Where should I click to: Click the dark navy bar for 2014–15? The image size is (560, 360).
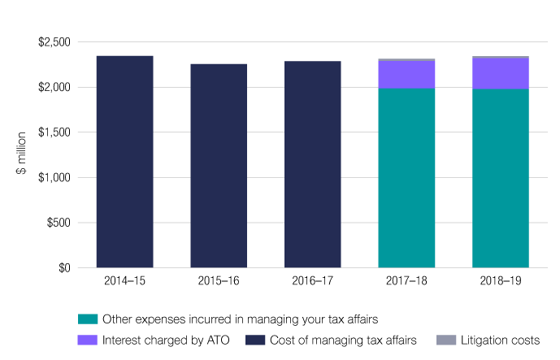[124, 162]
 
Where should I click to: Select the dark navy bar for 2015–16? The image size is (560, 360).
[219, 166]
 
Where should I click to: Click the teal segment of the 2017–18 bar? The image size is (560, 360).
[406, 178]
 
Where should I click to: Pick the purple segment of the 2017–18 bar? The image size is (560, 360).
[406, 75]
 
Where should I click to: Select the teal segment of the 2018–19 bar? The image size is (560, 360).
[500, 178]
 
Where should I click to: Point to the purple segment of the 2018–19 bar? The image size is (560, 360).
[500, 73]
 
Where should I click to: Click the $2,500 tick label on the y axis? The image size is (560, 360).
[54, 42]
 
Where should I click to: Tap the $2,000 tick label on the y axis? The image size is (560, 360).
[54, 87]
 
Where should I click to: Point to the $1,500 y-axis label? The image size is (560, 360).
[54, 132]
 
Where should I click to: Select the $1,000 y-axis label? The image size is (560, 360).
[54, 177]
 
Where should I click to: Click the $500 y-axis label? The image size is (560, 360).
[59, 223]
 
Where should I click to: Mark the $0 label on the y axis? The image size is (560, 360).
[63, 268]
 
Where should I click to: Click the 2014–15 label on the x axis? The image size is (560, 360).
[124, 280]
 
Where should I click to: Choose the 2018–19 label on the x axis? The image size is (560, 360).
[500, 280]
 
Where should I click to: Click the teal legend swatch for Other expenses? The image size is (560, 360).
[87, 318]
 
